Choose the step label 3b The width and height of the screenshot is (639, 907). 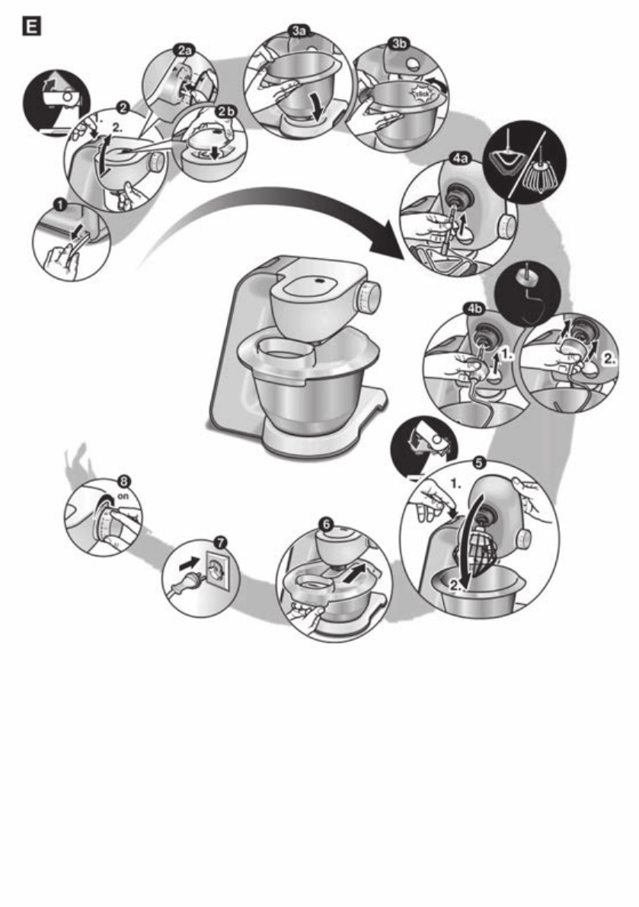(397, 43)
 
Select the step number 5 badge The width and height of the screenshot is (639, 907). (478, 461)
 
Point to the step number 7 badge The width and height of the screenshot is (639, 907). (220, 542)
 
